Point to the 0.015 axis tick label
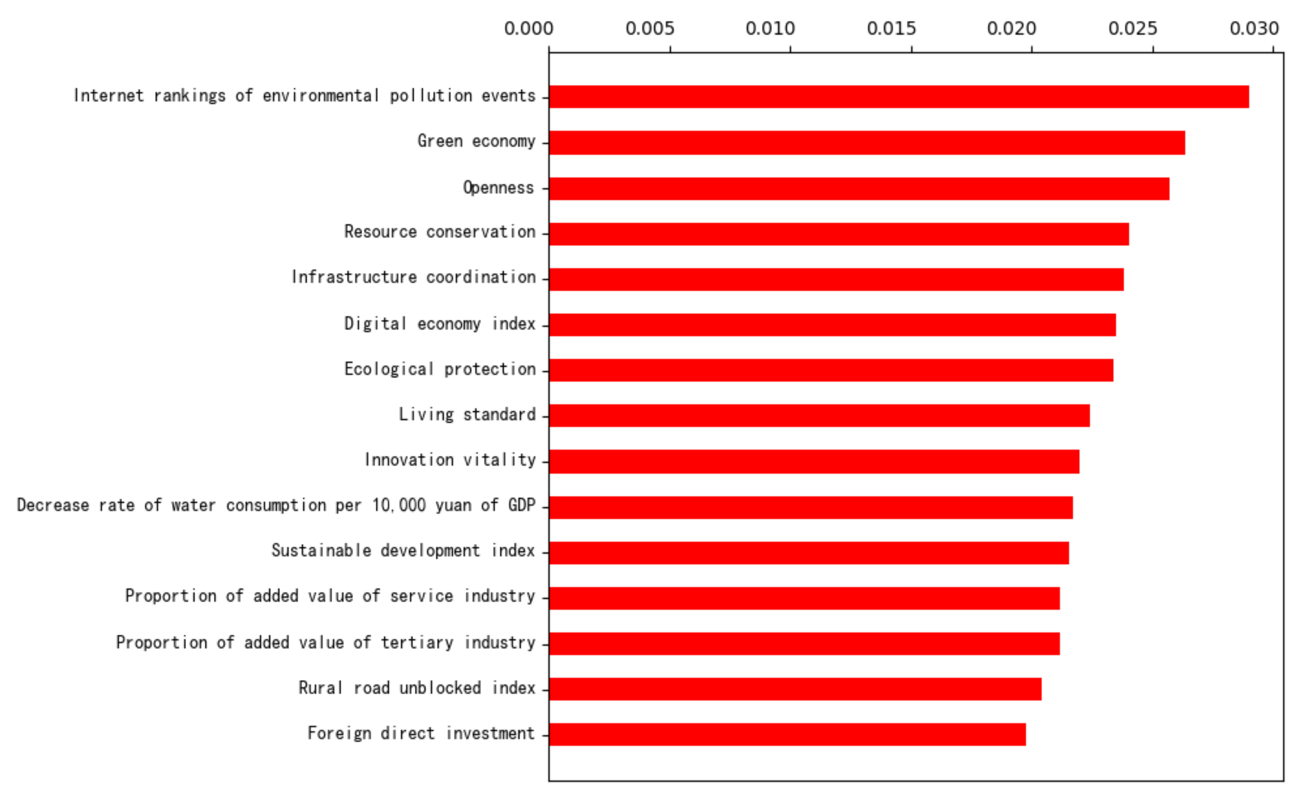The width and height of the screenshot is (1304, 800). coord(891,29)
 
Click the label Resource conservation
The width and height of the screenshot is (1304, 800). coord(440,232)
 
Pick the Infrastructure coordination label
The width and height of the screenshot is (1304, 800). coord(413,277)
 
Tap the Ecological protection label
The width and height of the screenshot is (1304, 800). coord(440,369)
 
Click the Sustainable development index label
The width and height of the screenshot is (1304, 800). coord(403,551)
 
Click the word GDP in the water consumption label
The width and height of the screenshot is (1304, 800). coord(522,505)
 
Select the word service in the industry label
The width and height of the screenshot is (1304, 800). coord(421,596)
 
